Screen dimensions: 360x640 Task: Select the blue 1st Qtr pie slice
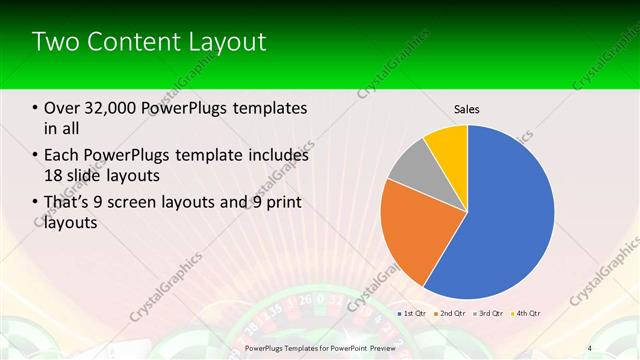(x=510, y=220)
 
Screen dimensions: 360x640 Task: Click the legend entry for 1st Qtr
(x=413, y=314)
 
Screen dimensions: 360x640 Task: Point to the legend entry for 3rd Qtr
(x=488, y=314)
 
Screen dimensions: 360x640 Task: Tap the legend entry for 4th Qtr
(x=525, y=314)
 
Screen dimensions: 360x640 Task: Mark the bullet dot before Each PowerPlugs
(x=36, y=156)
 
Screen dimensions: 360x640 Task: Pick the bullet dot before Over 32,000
(x=36, y=108)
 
